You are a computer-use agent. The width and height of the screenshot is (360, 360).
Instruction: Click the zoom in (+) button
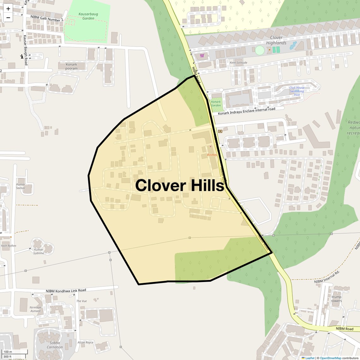point(8,9)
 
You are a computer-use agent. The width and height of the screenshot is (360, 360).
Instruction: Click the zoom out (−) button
point(8,18)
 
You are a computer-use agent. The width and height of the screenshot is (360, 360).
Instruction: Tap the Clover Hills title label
point(179,185)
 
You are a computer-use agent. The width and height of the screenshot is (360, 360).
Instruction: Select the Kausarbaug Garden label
point(86,16)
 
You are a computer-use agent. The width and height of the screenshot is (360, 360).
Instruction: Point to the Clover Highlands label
point(276,40)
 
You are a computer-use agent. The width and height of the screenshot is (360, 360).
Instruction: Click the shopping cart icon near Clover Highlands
point(202,56)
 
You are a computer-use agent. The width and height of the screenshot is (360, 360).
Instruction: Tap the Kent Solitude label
point(238,63)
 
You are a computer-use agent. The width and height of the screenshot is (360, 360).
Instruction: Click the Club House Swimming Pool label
point(297,91)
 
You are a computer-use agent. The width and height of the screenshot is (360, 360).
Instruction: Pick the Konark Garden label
point(216,104)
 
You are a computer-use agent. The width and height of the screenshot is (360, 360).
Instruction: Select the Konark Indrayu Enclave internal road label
point(246,111)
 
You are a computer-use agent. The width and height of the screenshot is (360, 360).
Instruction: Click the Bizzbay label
point(212,155)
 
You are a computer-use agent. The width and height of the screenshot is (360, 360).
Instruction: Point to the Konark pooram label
point(71,66)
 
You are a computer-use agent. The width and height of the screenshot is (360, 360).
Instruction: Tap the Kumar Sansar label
point(21,186)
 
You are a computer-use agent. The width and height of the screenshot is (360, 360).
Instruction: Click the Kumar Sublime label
point(39,251)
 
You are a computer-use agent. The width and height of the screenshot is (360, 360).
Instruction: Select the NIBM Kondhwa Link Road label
point(66,291)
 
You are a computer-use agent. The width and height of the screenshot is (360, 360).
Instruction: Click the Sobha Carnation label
point(55,345)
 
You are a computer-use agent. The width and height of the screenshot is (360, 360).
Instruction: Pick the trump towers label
point(336,299)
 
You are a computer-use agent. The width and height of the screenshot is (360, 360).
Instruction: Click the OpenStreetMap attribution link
point(330,358)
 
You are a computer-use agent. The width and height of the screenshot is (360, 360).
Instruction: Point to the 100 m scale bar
point(15,352)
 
